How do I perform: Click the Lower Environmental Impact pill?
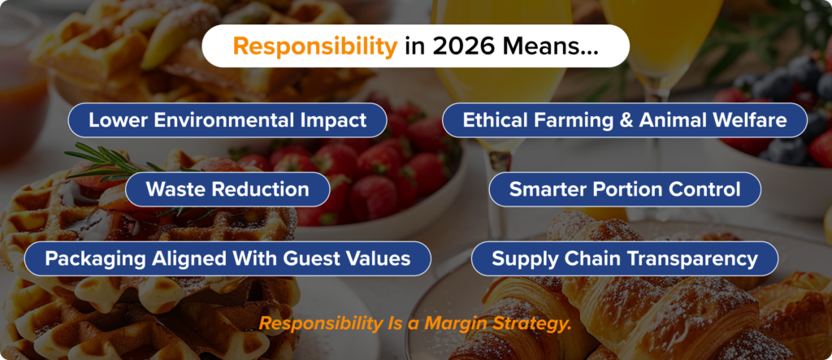(227, 120)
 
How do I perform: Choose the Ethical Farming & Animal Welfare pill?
(624, 120)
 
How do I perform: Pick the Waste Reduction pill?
(227, 189)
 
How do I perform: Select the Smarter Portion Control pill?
(624, 189)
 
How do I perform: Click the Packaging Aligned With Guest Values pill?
(227, 258)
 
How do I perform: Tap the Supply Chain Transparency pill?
(624, 258)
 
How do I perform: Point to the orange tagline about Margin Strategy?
(415, 323)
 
